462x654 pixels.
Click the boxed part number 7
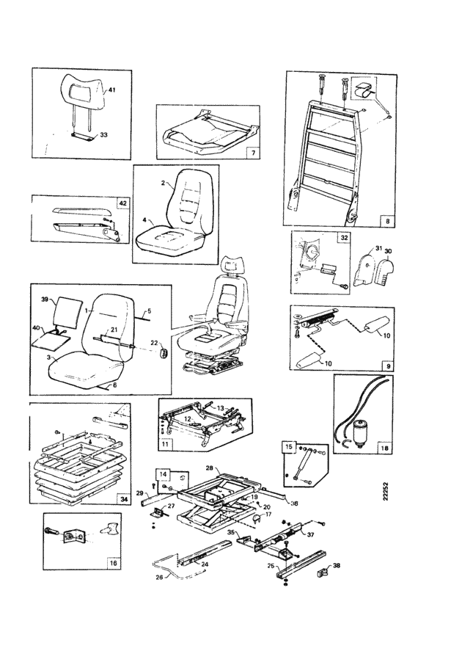pyautogui.click(x=252, y=153)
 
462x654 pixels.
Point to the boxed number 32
pyautogui.click(x=342, y=238)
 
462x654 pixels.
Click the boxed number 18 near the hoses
pyautogui.click(x=385, y=446)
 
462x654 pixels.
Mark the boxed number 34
pyautogui.click(x=123, y=498)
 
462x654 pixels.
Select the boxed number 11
pyautogui.click(x=166, y=445)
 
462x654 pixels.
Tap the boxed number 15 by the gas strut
pyautogui.click(x=289, y=446)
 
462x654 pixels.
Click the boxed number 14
pyautogui.click(x=163, y=474)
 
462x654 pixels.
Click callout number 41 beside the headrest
pyautogui.click(x=112, y=90)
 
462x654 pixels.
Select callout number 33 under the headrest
pyautogui.click(x=103, y=135)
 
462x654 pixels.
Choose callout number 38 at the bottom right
pyautogui.click(x=337, y=566)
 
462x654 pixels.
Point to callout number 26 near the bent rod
pyautogui.click(x=159, y=577)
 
